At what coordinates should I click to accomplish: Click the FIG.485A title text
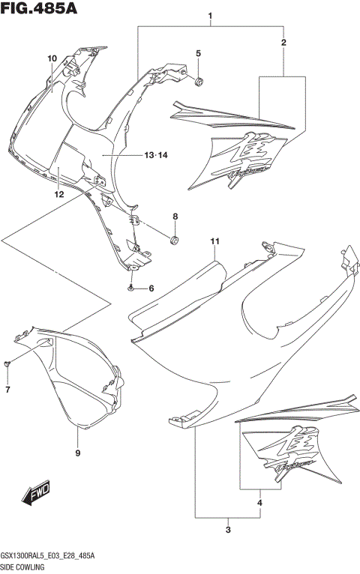tap(37, 9)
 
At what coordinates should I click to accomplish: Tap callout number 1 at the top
tap(211, 16)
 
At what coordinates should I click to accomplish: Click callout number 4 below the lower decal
tap(199, 53)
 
